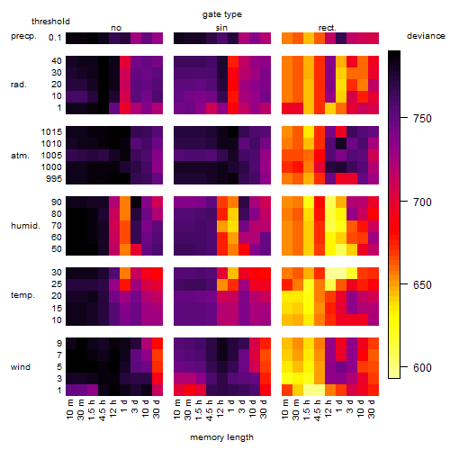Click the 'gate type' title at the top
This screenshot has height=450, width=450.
(x=222, y=14)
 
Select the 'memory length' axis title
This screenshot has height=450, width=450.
(x=221, y=437)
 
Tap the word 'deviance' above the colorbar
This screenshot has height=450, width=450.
(x=426, y=36)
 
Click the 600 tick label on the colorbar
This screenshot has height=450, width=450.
(x=422, y=368)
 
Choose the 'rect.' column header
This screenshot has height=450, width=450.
(x=327, y=28)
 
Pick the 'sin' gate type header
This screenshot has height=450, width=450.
(x=221, y=28)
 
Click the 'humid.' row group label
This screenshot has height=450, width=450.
(x=25, y=226)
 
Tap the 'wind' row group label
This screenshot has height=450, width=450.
(x=21, y=367)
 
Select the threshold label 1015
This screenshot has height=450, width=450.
(x=51, y=132)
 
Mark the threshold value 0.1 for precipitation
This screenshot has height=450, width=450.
(x=55, y=38)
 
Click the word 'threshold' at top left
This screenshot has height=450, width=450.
(x=50, y=22)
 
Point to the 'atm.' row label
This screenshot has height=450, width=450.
(x=20, y=156)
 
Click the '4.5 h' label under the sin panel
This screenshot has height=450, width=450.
(x=210, y=410)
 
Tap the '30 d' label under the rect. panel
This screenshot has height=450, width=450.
(x=372, y=409)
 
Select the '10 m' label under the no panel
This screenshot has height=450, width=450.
(x=69, y=409)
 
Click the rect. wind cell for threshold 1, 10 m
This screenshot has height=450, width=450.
(x=287, y=390)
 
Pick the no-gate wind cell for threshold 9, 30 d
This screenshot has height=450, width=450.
(x=157, y=343)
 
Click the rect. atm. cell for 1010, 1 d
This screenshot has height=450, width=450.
(x=341, y=144)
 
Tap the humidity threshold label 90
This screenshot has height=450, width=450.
(x=57, y=202)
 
